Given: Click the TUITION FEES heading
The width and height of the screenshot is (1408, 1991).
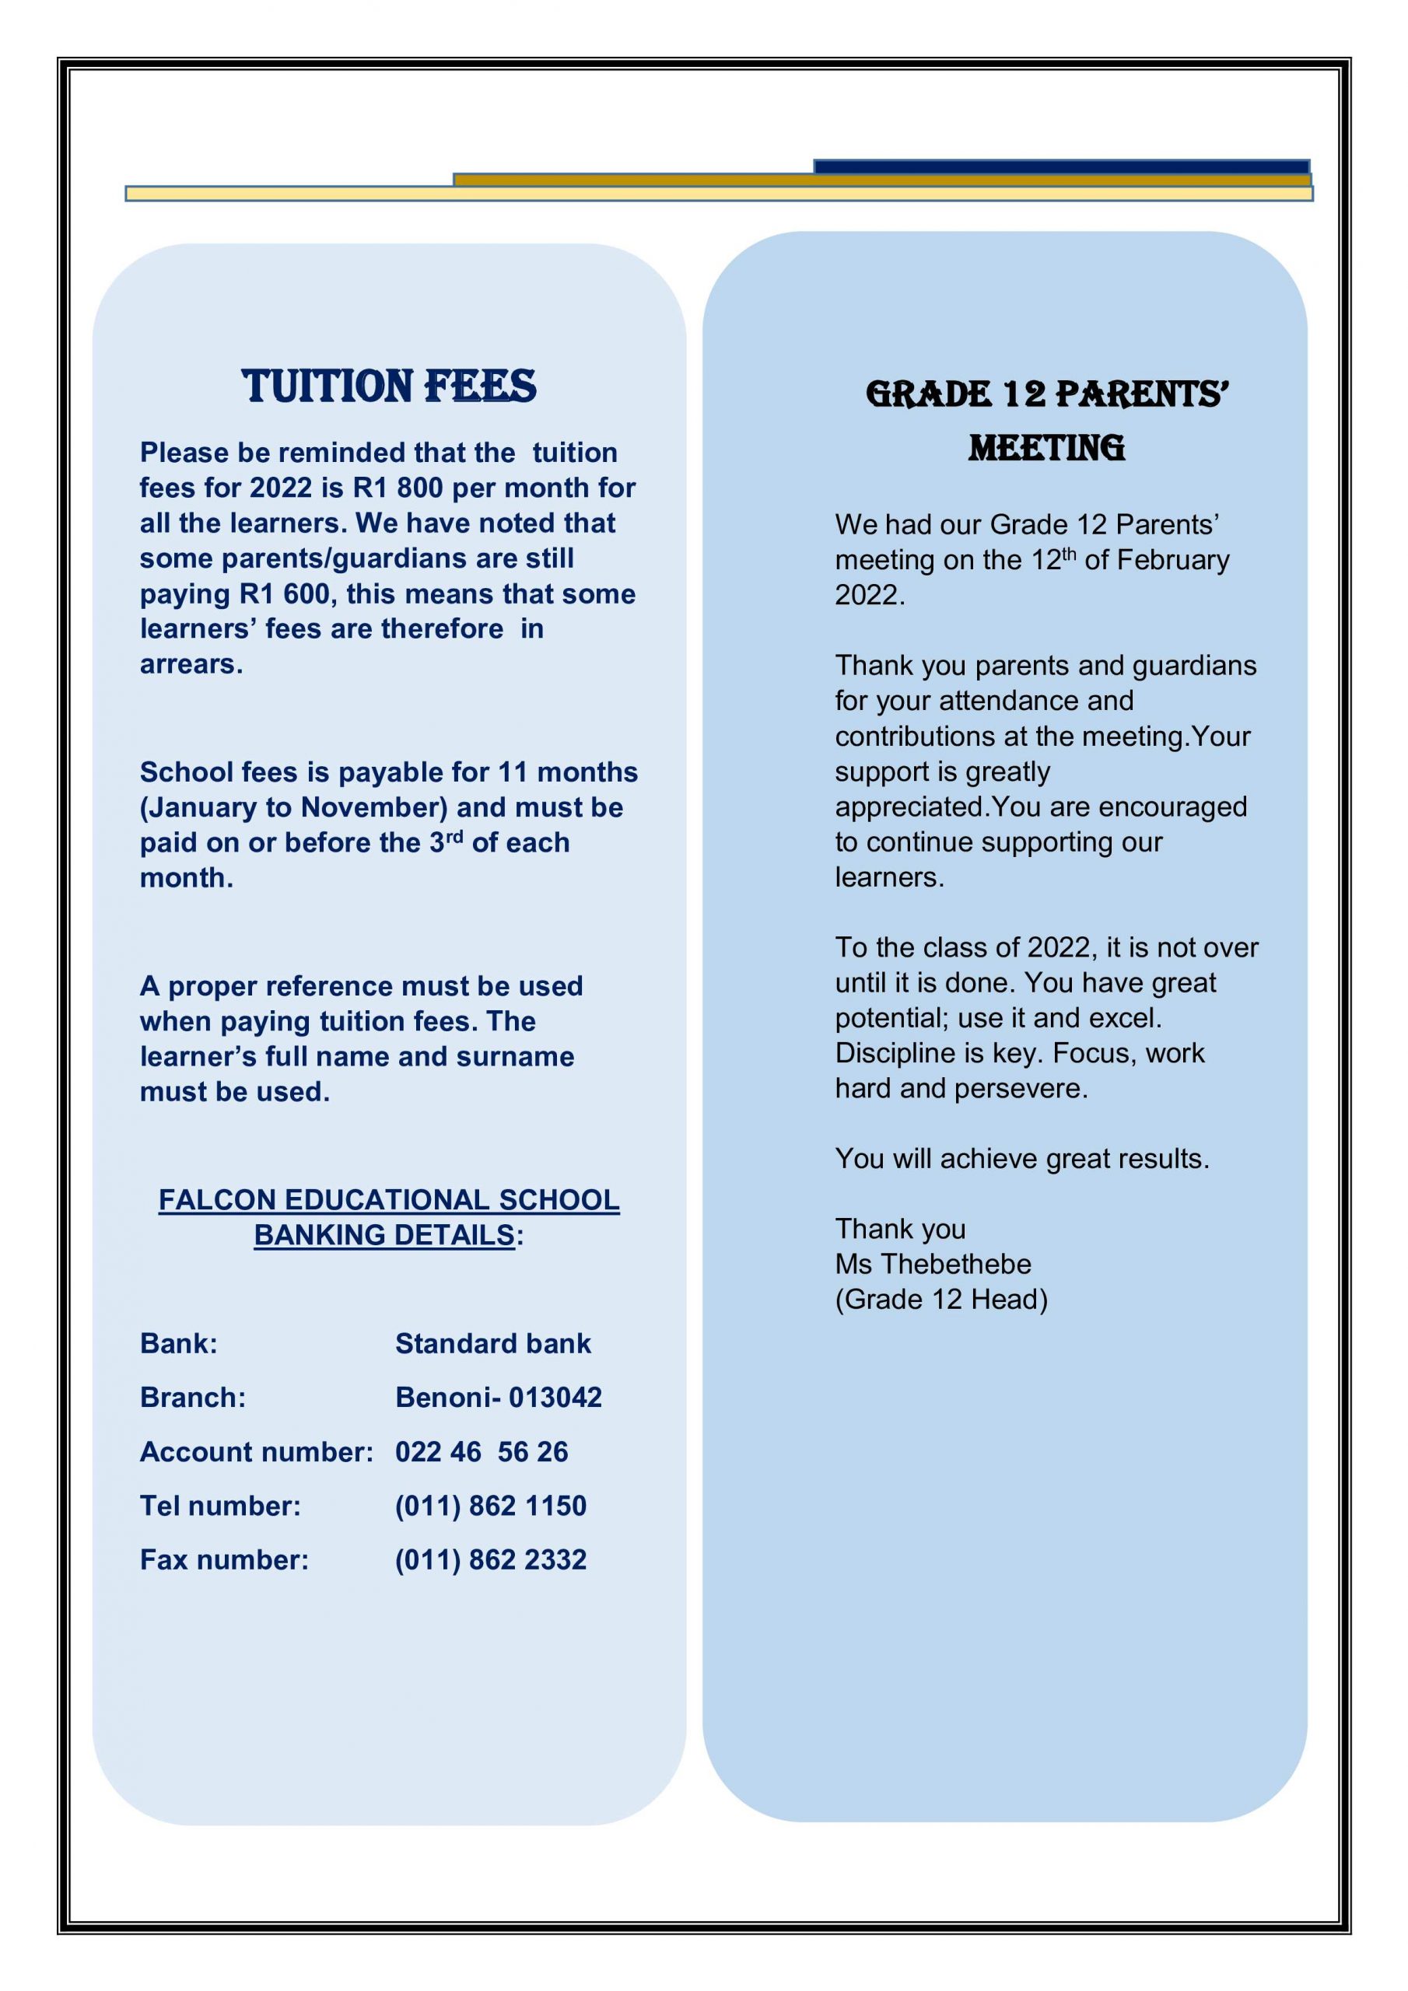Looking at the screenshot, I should coord(389,387).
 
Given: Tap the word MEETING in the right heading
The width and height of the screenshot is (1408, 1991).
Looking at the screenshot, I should coord(1046,450).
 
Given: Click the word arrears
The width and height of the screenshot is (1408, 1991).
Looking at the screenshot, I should coord(190,664).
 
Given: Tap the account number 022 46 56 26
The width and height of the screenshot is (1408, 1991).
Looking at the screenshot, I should coord(482,1451).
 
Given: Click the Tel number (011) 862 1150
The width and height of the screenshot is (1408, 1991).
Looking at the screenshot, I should coord(490,1506).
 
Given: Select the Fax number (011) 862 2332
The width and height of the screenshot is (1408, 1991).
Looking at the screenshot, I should coord(490,1559).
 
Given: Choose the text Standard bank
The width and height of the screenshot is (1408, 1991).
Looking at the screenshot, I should coord(492,1343).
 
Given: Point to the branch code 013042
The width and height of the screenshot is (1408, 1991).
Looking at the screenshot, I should coord(555,1397).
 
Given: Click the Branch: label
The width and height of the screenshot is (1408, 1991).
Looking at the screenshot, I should coord(193,1397).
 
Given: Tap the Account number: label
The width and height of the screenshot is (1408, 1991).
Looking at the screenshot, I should coord(256,1451).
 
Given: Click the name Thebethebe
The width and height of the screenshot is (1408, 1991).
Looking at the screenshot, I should coord(956,1265).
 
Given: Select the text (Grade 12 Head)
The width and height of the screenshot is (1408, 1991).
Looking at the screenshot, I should coord(941,1299).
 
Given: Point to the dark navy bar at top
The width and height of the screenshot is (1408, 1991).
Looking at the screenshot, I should coord(1061,166).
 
